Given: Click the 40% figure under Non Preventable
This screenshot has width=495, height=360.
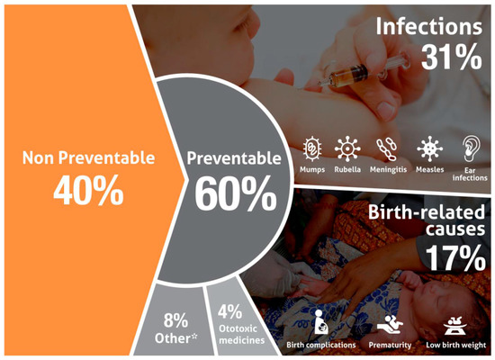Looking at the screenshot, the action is coord(88,191).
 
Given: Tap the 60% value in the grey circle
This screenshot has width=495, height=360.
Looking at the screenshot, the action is coord(236,193).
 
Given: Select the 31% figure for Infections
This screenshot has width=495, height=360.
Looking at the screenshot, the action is coord(452,57).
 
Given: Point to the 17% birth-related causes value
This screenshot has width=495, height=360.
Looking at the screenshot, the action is coord(455,257).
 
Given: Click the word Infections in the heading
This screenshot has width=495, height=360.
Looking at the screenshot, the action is coord(429,26).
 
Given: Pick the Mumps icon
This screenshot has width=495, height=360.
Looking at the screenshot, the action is coord(312,148).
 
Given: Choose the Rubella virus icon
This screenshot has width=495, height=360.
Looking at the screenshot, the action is coord(347,148).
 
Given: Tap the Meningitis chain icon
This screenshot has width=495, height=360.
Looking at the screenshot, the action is coord(387,148).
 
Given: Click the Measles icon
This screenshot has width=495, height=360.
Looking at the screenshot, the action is coord(429,148).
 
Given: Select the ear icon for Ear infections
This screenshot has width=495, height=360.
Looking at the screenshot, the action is coord(471,148).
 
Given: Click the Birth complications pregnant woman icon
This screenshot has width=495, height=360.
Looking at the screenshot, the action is coord(321,322).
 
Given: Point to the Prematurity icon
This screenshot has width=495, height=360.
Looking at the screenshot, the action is coord(391,324).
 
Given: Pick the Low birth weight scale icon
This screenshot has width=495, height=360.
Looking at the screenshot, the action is coord(454,326).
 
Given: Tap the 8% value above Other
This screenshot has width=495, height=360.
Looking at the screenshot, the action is coord(175,320).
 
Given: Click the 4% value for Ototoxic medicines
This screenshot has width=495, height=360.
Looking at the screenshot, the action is coord(229,311).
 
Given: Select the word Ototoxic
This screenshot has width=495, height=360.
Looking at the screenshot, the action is coord(238,328).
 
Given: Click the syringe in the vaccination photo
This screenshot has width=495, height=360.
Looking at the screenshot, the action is coord(363,71).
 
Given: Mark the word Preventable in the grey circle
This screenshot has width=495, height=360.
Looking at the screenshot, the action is coord(234,157).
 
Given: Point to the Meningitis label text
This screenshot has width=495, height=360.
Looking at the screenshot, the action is coord(388,169).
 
